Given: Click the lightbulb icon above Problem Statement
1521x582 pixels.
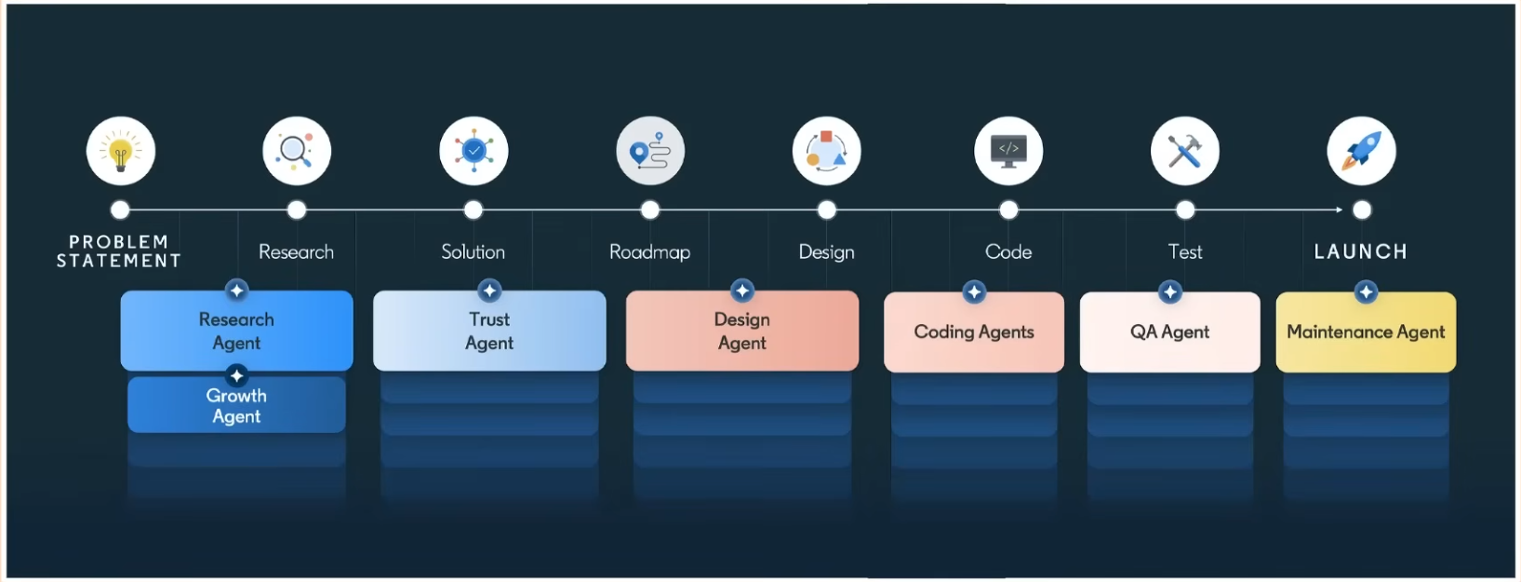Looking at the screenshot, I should point(121,151).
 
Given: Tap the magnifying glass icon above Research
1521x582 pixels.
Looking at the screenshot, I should point(297,151).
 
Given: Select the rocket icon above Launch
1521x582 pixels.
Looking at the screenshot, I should point(1361,151).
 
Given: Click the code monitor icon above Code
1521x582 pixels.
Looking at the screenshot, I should point(1008,151).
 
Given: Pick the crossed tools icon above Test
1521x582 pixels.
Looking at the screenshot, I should point(1185,151).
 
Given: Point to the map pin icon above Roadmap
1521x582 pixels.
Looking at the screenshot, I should point(650,151).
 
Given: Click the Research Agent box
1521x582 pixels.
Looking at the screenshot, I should point(236,332).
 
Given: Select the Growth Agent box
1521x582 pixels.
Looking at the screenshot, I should point(236,407).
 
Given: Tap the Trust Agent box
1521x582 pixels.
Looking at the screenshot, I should point(489,332).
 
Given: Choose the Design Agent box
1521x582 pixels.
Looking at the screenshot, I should point(741,332).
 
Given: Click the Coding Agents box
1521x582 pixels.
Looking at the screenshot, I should point(974,332).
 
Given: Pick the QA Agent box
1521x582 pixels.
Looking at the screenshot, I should point(1169,332).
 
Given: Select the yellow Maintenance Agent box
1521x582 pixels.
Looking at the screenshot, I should point(1366,332).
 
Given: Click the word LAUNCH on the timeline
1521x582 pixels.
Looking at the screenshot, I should point(1360,251).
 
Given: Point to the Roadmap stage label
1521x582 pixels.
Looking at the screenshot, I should point(649,252).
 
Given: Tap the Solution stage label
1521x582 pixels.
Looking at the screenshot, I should point(473,252).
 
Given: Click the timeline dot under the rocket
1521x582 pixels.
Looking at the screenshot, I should point(1362,210).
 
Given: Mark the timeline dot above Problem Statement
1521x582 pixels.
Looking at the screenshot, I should point(120,210).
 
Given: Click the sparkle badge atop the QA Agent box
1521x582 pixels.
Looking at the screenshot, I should point(1169,292).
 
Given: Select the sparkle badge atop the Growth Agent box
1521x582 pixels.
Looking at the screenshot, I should point(237,376).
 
